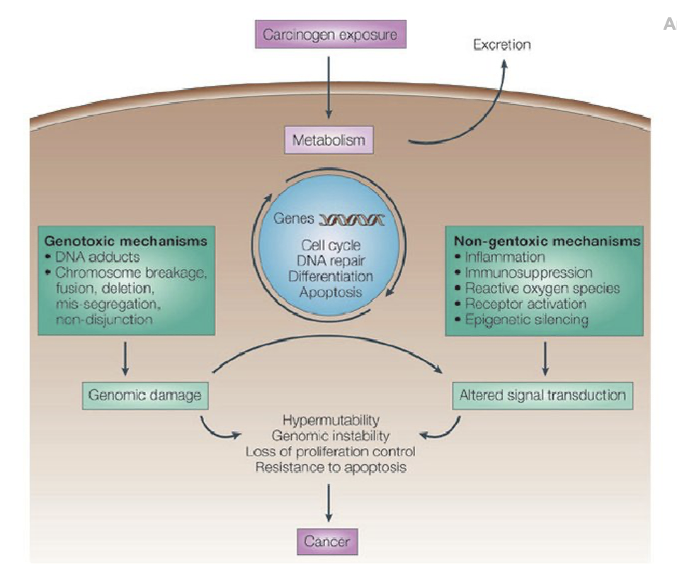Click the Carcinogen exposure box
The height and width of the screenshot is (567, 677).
click(330, 34)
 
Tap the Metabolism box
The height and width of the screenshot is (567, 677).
click(329, 140)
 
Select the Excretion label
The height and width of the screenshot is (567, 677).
click(501, 45)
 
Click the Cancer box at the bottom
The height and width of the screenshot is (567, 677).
click(327, 541)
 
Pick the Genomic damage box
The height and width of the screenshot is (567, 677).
click(145, 395)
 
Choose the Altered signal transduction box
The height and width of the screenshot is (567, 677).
click(542, 395)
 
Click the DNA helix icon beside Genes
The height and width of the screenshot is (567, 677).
click(351, 220)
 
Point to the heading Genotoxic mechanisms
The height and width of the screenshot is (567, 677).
click(125, 241)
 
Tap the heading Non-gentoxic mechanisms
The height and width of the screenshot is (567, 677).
click(547, 241)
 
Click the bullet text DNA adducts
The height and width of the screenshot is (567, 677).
click(98, 257)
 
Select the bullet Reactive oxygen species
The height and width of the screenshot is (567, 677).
click(542, 288)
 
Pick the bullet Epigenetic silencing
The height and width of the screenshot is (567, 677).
click(526, 320)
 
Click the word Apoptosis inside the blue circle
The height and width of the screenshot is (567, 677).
click(331, 292)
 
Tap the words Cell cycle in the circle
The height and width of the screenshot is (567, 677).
click(331, 245)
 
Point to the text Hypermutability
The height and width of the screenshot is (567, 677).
click(331, 420)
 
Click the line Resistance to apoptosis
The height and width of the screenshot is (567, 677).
click(331, 467)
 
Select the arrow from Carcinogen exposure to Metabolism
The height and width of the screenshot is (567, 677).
click(329, 88)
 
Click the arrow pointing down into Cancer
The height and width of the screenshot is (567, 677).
click(329, 503)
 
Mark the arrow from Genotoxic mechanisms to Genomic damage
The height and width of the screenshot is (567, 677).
click(125, 359)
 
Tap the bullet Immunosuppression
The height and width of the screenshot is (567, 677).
click(528, 273)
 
